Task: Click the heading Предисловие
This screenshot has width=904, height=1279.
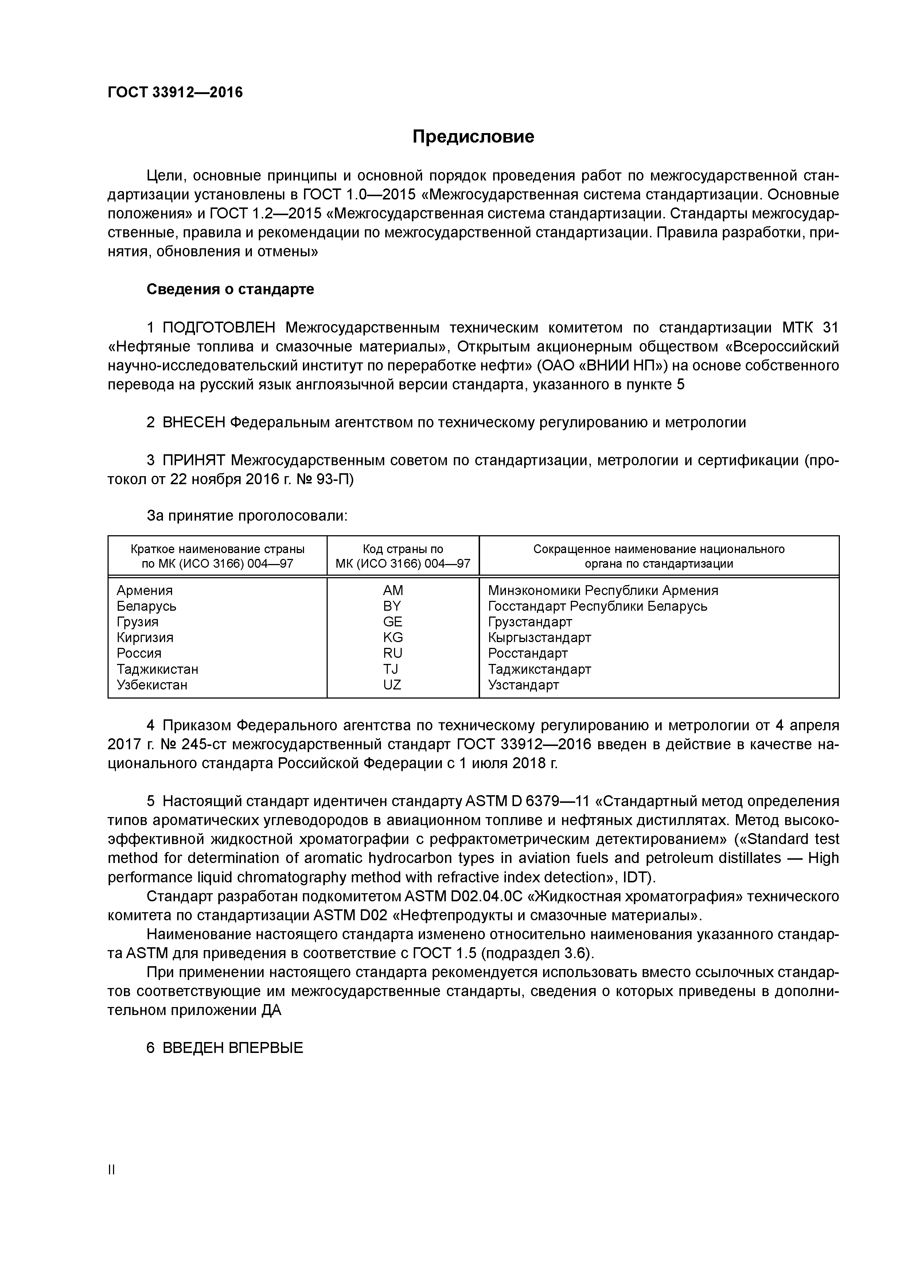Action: (x=473, y=136)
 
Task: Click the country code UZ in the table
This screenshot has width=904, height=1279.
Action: (x=392, y=685)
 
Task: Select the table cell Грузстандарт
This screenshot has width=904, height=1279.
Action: (x=530, y=622)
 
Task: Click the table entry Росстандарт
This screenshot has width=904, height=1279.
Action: (x=527, y=653)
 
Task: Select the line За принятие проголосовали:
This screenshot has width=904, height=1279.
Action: (x=247, y=516)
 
